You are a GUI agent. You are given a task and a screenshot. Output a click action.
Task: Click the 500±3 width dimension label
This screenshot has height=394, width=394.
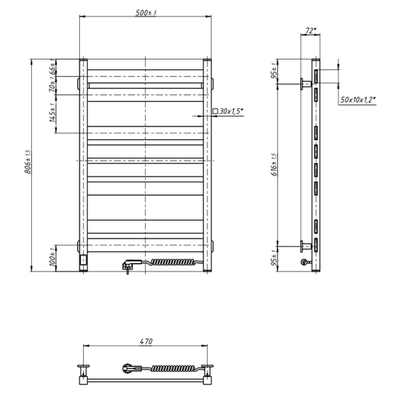click(x=146, y=12)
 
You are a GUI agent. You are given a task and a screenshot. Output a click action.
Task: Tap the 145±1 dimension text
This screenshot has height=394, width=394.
click(x=53, y=113)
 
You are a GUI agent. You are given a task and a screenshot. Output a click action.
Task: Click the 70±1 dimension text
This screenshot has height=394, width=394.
click(x=53, y=85)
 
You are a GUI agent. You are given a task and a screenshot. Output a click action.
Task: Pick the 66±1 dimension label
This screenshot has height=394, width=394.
click(x=53, y=67)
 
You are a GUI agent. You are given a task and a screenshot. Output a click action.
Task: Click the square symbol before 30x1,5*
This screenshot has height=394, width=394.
click(x=215, y=111)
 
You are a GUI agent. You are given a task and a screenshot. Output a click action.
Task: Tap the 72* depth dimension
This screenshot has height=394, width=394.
click(x=310, y=30)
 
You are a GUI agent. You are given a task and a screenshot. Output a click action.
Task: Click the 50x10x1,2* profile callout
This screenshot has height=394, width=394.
click(x=356, y=99)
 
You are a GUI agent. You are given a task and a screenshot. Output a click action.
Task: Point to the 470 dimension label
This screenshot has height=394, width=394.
click(x=146, y=341)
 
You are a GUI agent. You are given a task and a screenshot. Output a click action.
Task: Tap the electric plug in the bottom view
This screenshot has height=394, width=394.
click(x=128, y=367)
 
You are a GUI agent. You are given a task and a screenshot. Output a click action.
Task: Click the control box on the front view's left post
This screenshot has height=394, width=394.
click(x=84, y=260)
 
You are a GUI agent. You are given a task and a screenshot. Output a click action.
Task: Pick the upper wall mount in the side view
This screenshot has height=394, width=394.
click(x=305, y=83)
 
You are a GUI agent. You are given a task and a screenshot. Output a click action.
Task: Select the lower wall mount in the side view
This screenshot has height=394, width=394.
click(x=305, y=246)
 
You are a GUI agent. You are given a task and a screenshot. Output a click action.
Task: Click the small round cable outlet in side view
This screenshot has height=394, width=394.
click(x=303, y=262)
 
